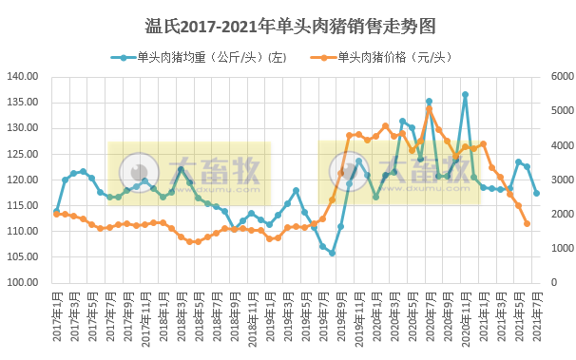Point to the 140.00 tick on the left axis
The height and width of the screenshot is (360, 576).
pyautogui.click(x=23, y=77)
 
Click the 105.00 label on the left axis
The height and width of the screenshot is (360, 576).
pyautogui.click(x=23, y=257)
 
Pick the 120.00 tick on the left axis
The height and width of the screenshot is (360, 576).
pyautogui.click(x=23, y=180)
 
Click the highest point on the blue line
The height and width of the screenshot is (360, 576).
pyautogui.click(x=465, y=95)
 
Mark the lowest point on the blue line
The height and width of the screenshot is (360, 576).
pyautogui.click(x=332, y=253)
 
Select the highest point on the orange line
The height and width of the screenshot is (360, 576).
pyautogui.click(x=429, y=109)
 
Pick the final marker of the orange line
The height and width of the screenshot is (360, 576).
pyautogui.click(x=528, y=224)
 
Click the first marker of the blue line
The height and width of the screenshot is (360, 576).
pyautogui.click(x=56, y=211)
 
